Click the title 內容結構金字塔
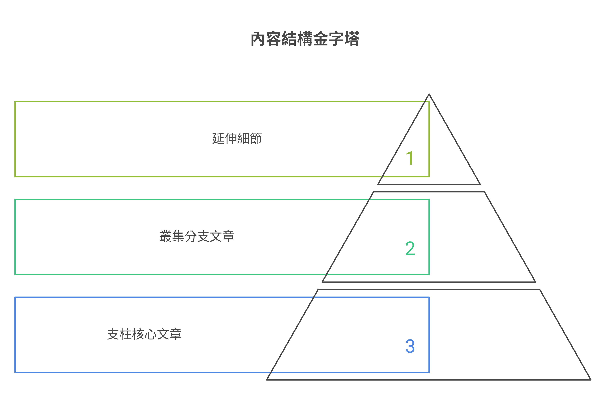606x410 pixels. point(305,39)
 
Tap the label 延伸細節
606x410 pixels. point(237,138)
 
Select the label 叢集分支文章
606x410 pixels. point(197,236)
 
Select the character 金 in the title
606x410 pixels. point(320,39)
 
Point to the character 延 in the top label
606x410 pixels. point(218,138)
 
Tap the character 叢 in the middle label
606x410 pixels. point(166,236)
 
